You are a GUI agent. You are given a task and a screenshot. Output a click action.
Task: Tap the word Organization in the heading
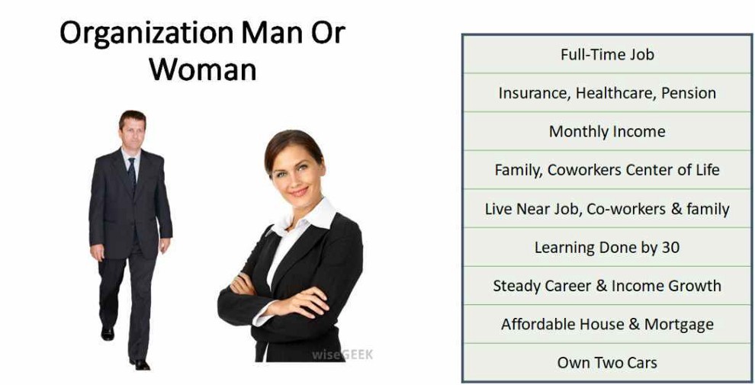click(x=146, y=33)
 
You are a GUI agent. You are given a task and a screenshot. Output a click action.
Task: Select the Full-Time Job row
click(x=607, y=54)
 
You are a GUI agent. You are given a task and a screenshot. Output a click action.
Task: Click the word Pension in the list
click(x=689, y=92)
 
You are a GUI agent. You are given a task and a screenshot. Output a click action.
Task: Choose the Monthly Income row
click(x=607, y=131)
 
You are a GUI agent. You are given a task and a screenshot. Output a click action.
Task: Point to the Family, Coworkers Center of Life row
click(x=607, y=169)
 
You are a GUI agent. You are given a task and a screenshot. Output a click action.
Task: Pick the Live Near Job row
click(x=607, y=208)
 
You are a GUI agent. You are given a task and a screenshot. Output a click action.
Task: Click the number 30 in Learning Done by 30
click(x=670, y=247)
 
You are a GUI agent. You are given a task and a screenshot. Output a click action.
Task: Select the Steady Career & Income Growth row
click(x=607, y=285)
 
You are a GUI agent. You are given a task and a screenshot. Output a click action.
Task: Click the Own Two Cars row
click(x=607, y=362)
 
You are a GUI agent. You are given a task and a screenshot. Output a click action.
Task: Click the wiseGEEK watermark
click(x=342, y=355)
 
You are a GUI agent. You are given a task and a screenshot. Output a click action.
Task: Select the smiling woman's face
click(x=296, y=175)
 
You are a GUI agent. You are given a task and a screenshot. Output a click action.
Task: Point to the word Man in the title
click(x=273, y=33)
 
